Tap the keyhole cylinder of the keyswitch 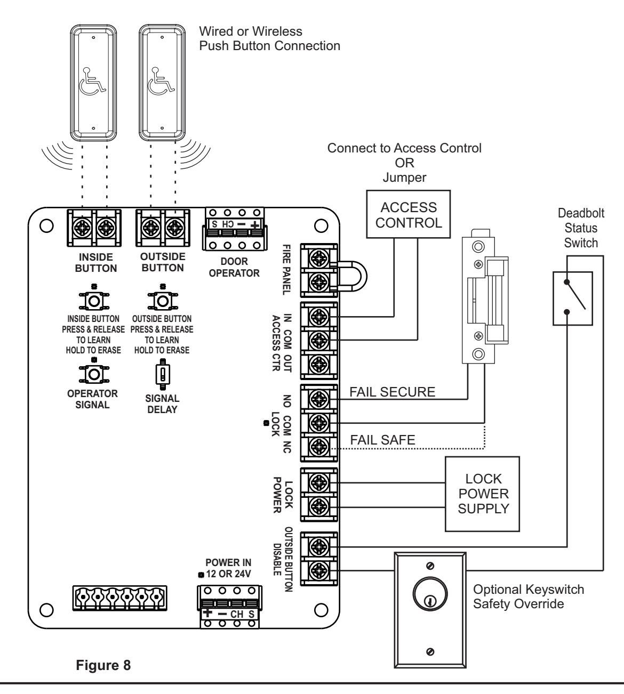tap(430, 593)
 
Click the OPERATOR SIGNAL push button tap(94, 374)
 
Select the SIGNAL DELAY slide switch tap(163, 374)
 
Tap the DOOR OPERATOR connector tap(235, 229)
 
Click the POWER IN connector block tap(229, 607)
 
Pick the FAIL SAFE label tap(382, 440)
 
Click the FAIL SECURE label tap(392, 392)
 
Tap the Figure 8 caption tap(103, 665)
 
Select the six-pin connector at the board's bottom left tap(119, 598)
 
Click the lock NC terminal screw tap(319, 446)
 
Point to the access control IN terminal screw tap(319, 317)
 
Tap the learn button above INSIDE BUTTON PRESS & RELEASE tap(94, 301)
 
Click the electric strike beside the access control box tap(485, 296)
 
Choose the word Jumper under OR tap(405, 177)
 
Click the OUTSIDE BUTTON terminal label tap(163, 262)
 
